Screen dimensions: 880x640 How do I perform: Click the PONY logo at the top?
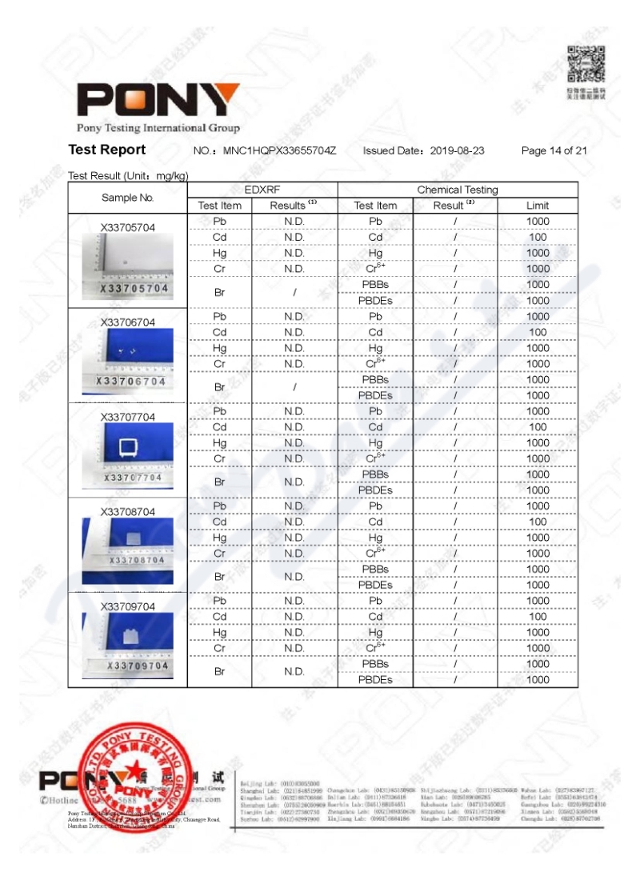pyautogui.click(x=158, y=100)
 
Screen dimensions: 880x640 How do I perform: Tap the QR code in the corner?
pyautogui.click(x=586, y=64)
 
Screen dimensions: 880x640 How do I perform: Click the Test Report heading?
pyautogui.click(x=107, y=150)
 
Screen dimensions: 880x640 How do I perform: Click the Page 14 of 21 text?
pyautogui.click(x=554, y=150)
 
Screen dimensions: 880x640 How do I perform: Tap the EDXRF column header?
pyautogui.click(x=262, y=190)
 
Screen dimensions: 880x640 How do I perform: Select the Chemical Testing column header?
pyautogui.click(x=457, y=190)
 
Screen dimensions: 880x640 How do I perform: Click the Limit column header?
pyautogui.click(x=538, y=206)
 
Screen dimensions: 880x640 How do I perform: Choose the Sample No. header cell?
pyautogui.click(x=127, y=198)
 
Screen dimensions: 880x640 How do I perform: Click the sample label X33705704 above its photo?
pyautogui.click(x=128, y=227)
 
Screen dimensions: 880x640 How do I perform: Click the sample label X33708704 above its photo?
pyautogui.click(x=128, y=512)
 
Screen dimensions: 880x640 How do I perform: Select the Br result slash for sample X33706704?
pyautogui.click(x=294, y=387)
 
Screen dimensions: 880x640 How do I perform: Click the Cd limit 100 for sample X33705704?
pyautogui.click(x=538, y=238)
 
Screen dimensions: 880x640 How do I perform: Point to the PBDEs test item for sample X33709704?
pyautogui.click(x=375, y=680)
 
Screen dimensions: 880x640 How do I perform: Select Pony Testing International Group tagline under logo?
pyautogui.click(x=158, y=128)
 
